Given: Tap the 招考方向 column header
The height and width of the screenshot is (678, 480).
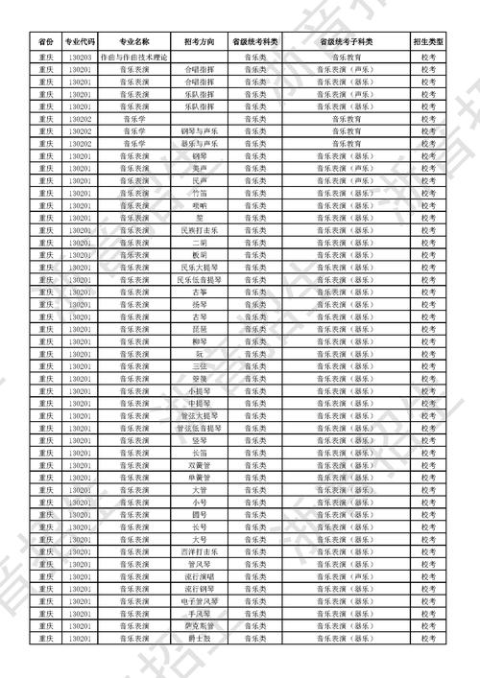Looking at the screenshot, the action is (199, 42).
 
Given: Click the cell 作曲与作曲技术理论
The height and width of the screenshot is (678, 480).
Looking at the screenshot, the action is (134, 58).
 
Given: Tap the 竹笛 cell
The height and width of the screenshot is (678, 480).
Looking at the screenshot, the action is (199, 193).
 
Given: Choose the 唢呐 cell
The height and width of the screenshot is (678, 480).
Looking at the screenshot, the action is (199, 205).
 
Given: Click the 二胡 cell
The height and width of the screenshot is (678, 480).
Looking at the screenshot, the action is (199, 243).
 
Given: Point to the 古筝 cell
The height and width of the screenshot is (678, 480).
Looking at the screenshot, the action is (199, 292).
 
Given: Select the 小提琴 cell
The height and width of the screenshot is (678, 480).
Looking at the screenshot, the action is (199, 391).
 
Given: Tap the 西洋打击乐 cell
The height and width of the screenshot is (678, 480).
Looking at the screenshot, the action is (199, 551).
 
